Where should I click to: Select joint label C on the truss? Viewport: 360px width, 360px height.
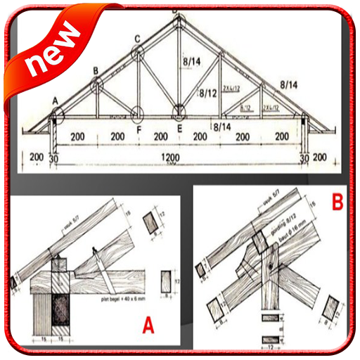138,38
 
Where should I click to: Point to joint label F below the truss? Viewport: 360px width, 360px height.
139,129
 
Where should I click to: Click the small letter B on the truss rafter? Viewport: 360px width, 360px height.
96,70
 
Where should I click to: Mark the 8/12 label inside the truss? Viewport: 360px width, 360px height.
207,92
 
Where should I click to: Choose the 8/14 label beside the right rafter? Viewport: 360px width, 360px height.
289,84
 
